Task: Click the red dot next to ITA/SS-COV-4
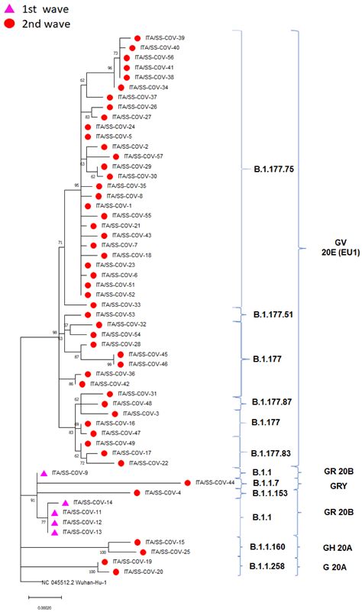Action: [x=137, y=492]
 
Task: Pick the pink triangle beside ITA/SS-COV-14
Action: [x=66, y=503]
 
